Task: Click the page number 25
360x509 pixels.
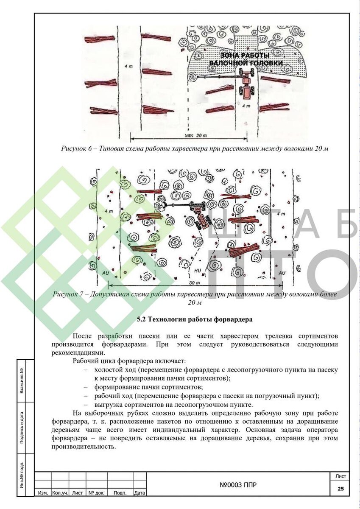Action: (340, 489)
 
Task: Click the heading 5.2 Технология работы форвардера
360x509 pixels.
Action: (195, 319)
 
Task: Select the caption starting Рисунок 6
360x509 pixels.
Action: (195, 148)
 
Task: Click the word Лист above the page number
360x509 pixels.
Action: (340, 476)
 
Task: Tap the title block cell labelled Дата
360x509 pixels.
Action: (140, 493)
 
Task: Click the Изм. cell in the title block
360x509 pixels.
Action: (42, 493)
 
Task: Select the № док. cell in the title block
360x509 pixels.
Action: (96, 493)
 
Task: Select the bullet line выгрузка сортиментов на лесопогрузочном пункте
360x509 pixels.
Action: (174, 405)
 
